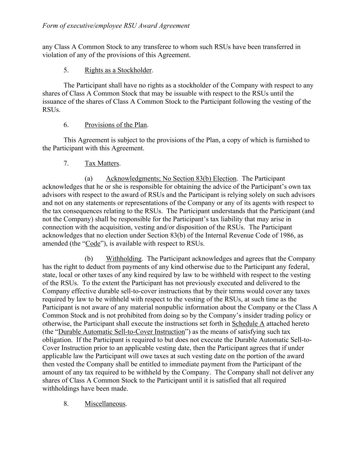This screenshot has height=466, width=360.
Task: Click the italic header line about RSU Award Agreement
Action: pos(116,26)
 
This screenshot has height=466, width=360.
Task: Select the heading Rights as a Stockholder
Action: pos(118,70)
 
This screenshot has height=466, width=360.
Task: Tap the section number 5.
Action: pos(66,70)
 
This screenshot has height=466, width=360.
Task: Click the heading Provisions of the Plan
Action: pos(116,125)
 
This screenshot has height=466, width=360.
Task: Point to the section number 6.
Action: pos(66,125)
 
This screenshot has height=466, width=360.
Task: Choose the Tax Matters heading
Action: pos(102,163)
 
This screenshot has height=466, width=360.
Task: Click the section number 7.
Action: pos(66,163)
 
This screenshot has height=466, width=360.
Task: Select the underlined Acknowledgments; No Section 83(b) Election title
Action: pos(171,178)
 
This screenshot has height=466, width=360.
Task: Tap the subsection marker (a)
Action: pos(88,178)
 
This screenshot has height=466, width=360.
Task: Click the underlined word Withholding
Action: pos(124,258)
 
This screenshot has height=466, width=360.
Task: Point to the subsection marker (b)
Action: pos(88,258)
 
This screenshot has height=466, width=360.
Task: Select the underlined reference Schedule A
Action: pos(248,323)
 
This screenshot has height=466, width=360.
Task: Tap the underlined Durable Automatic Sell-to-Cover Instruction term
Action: pos(122,331)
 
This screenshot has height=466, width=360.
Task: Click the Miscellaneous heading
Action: pos(105,404)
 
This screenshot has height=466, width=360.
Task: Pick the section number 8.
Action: pos(66,404)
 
